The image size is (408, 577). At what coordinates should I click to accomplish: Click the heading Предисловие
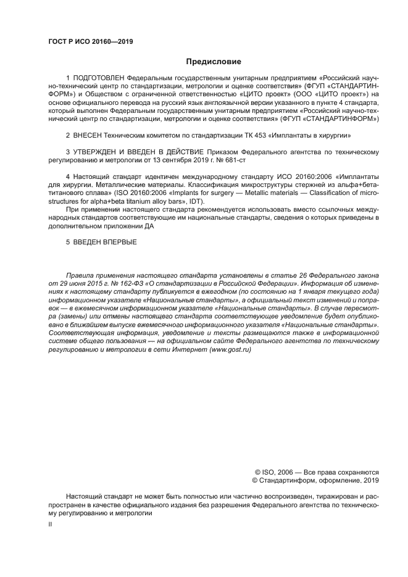(214, 61)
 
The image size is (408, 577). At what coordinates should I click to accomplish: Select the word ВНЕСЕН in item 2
(90, 134)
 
